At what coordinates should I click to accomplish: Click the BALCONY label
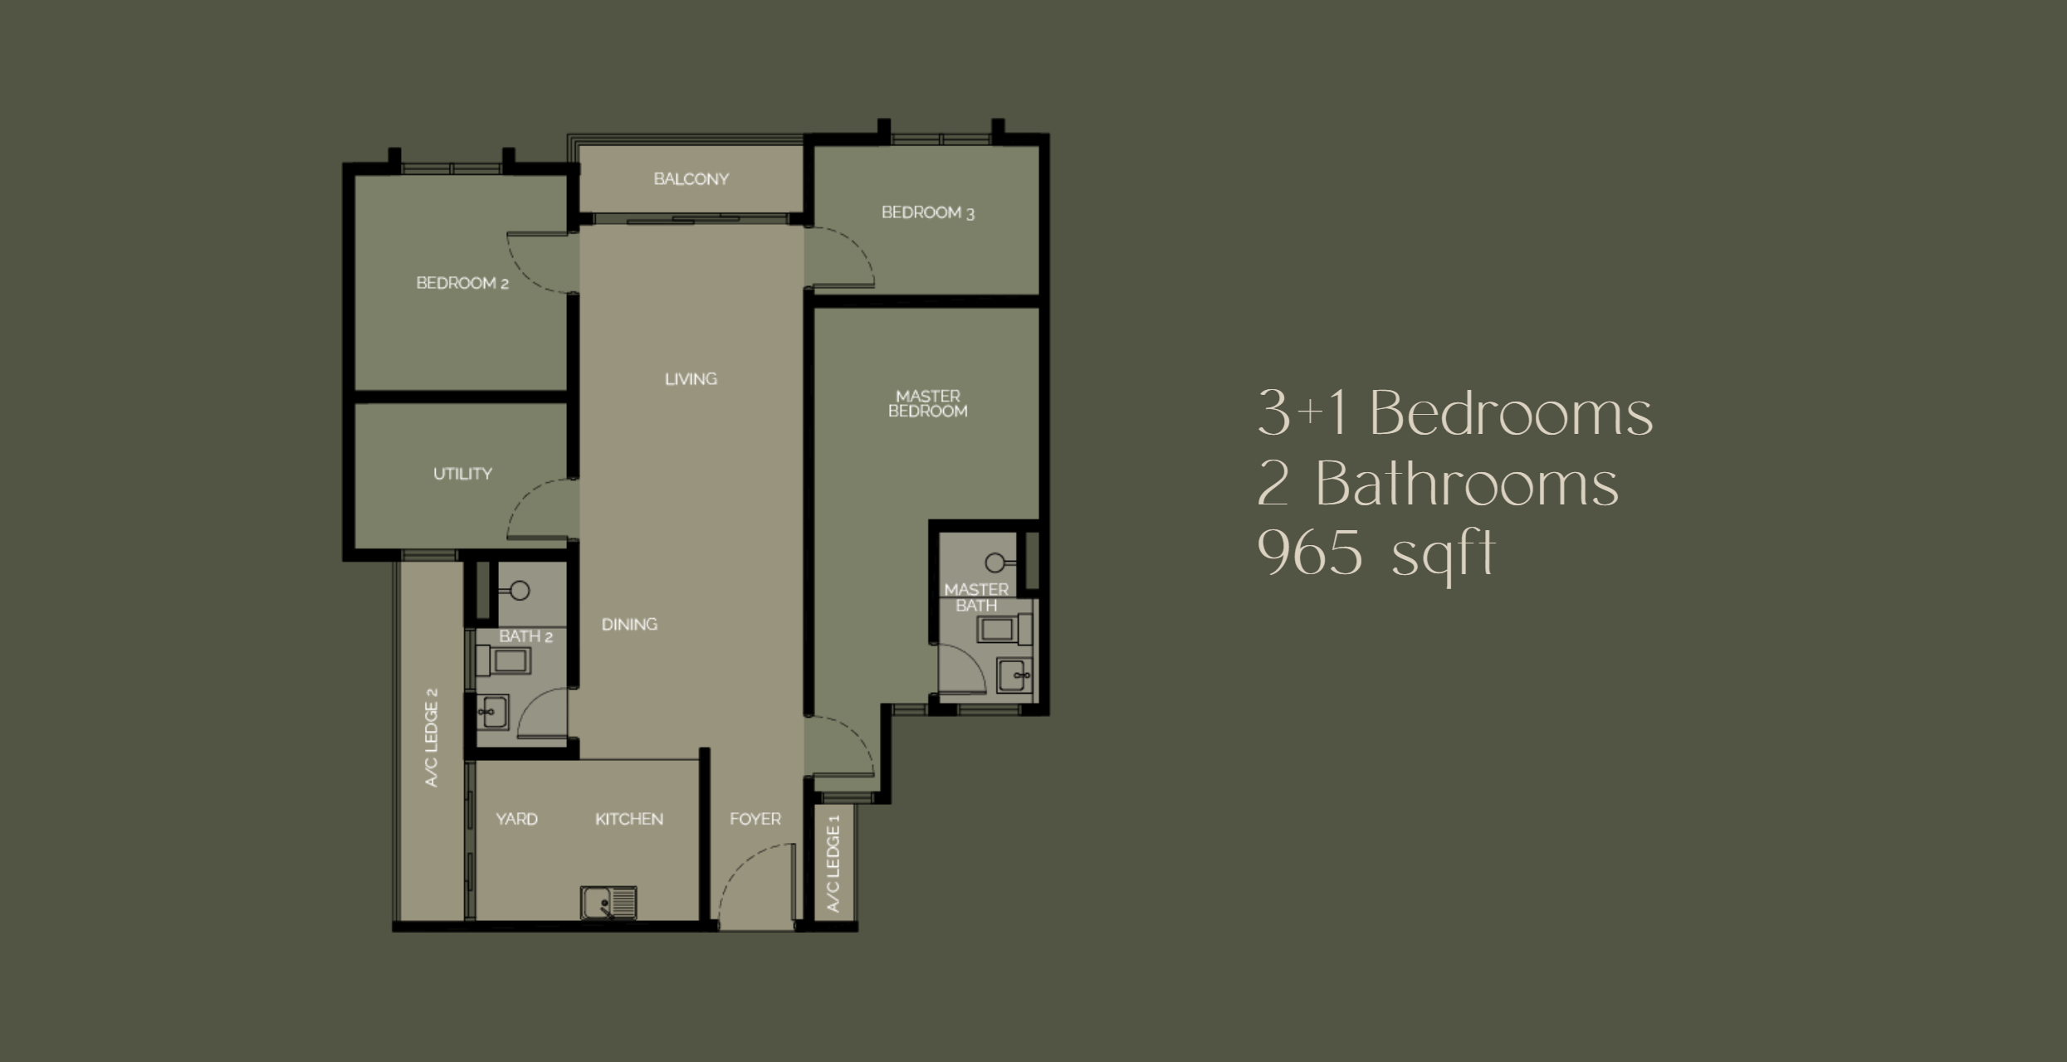tap(691, 179)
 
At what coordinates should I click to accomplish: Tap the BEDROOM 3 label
tap(927, 212)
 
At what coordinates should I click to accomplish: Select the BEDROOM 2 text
tap(462, 283)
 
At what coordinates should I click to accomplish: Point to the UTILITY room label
tap(462, 474)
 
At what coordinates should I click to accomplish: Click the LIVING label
tap(691, 379)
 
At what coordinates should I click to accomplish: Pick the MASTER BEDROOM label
tap(927, 403)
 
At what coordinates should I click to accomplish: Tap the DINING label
tap(629, 624)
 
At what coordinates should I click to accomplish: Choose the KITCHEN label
tap(629, 819)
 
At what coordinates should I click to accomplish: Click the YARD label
tap(516, 819)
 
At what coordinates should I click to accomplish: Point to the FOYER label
tap(755, 819)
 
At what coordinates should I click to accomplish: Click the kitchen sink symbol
tap(608, 903)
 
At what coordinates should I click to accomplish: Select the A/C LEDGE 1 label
tap(833, 864)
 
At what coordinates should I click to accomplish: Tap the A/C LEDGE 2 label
tap(431, 738)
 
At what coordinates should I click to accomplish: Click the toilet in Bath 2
tap(503, 661)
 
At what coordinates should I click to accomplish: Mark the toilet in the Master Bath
tap(1004, 629)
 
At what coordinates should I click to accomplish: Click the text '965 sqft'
tap(1376, 554)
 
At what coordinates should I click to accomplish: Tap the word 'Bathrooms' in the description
tap(1467, 484)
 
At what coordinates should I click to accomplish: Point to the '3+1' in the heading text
tap(1301, 412)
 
